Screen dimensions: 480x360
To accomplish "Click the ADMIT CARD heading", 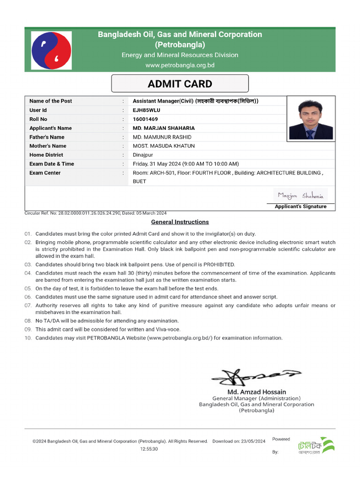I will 180,84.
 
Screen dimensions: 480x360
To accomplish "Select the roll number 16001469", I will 145,119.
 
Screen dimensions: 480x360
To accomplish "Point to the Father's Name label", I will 47,137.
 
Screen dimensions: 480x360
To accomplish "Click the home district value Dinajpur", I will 143,155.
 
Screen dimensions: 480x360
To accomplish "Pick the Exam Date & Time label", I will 52,164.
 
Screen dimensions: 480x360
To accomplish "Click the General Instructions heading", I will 180,222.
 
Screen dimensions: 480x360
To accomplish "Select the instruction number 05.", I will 28,288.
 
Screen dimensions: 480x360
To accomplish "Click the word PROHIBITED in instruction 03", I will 219,264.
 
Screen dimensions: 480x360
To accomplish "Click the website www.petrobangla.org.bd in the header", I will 180,65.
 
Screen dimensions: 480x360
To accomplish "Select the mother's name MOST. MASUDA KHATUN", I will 164,146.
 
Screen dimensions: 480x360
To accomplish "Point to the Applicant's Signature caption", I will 300,206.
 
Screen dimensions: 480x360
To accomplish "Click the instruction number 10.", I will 28,337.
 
